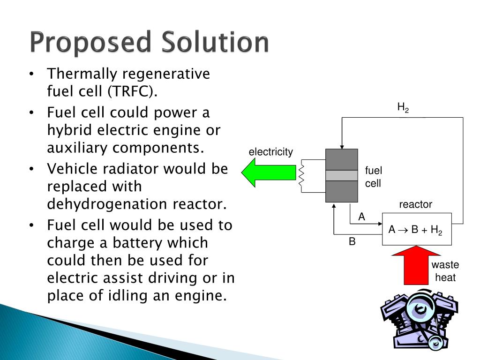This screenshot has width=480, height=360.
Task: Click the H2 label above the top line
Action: click(403, 108)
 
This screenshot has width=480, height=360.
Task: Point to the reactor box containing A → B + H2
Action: click(417, 229)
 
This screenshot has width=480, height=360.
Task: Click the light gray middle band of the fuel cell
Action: click(342, 175)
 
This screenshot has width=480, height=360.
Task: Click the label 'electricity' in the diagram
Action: click(270, 152)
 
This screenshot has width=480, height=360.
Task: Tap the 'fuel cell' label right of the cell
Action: click(374, 177)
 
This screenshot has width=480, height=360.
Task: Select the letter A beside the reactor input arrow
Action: click(361, 217)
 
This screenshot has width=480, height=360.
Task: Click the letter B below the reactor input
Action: click(352, 242)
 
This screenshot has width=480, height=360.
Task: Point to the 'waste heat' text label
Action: click(445, 271)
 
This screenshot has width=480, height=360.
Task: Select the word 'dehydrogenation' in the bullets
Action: click(108, 204)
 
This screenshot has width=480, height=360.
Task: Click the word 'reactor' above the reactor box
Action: click(415, 204)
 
